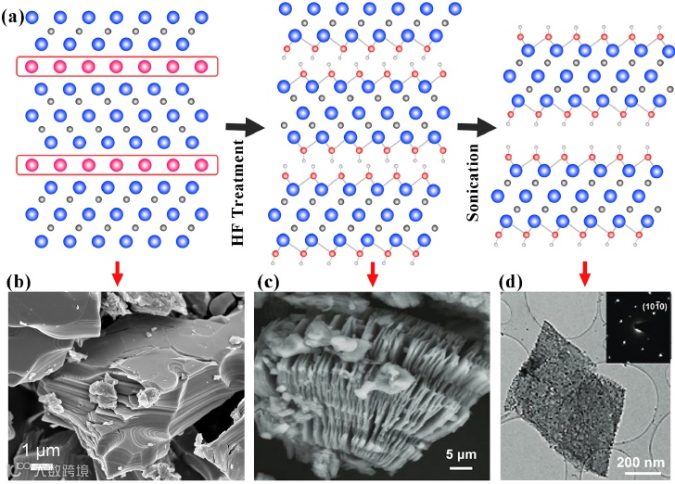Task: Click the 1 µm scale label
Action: pos(42,451)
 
